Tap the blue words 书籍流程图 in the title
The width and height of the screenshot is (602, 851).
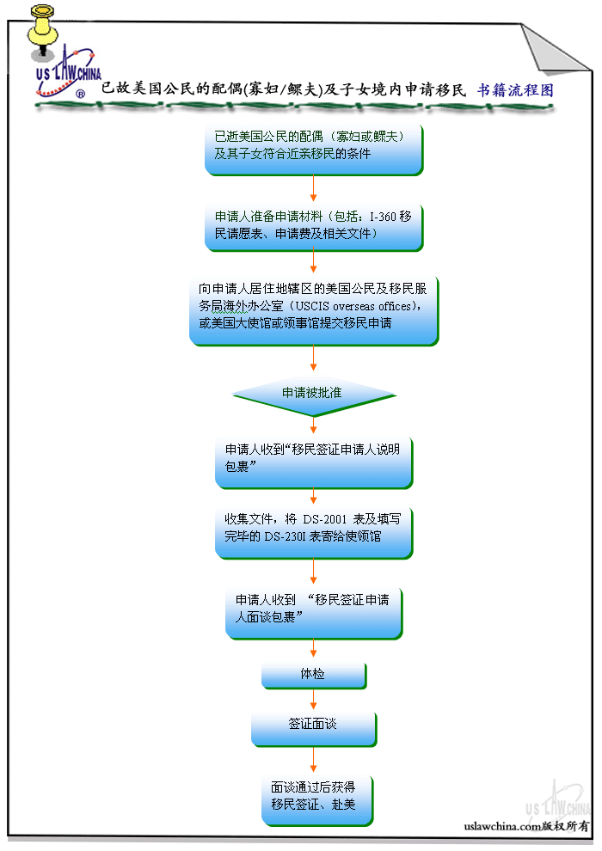[515, 89]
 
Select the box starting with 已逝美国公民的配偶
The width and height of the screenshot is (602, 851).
[314, 150]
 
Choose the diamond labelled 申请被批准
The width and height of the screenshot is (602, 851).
[312, 392]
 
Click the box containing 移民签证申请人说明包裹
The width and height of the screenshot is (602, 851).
[313, 462]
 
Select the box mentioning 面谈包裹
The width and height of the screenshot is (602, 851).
[313, 612]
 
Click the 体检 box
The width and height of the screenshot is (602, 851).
[313, 675]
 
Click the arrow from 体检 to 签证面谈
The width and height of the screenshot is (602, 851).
[313, 700]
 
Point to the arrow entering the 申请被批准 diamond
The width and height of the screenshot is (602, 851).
[313, 360]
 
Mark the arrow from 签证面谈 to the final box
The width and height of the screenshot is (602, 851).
[313, 760]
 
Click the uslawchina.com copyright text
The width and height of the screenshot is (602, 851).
[525, 826]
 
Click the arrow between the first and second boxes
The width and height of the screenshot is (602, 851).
[313, 188]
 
